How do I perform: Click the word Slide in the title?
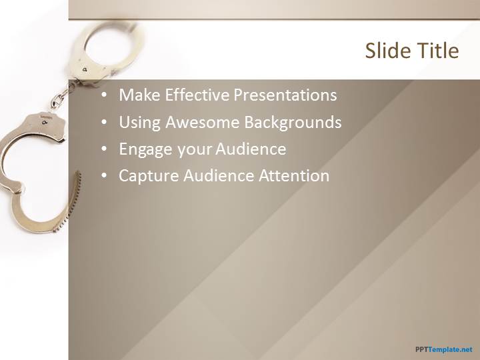click(x=386, y=50)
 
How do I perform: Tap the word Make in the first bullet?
click(x=139, y=95)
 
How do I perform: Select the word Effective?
click(x=197, y=95)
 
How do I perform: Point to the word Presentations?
click(x=285, y=95)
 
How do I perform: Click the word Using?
click(x=139, y=123)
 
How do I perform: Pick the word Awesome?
click(x=203, y=122)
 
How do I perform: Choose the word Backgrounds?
click(x=293, y=123)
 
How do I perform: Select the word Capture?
click(x=149, y=176)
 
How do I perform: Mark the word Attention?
click(x=294, y=176)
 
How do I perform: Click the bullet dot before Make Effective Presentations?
click(x=104, y=95)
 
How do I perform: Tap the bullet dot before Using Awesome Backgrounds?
click(x=104, y=122)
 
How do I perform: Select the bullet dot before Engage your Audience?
click(x=104, y=149)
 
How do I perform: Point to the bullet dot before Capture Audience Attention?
click(x=104, y=176)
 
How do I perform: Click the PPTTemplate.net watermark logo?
click(x=444, y=349)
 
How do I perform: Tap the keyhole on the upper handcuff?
click(x=85, y=69)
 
